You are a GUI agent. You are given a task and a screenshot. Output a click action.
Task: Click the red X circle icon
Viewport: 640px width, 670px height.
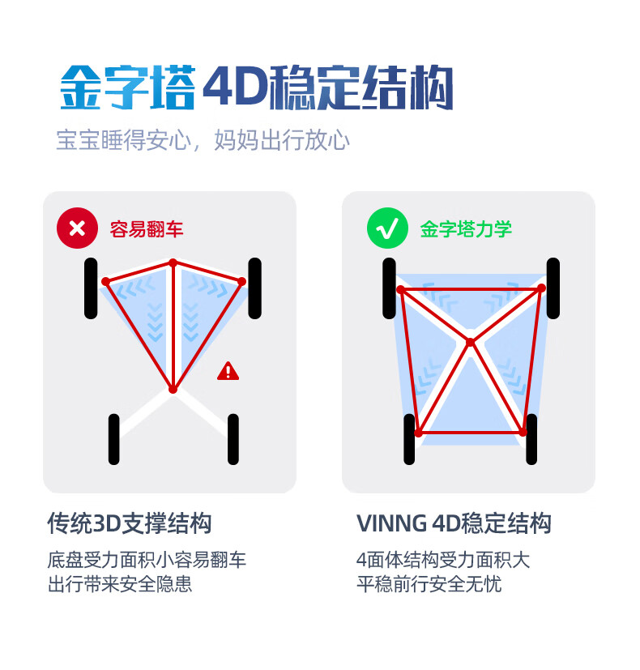pos(77,228)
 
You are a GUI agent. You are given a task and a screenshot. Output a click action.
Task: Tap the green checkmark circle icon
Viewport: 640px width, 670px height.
pos(387,228)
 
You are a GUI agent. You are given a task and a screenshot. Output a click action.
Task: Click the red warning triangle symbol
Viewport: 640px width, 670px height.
pos(228,371)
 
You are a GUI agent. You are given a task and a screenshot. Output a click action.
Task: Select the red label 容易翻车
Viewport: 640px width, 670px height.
pos(147,229)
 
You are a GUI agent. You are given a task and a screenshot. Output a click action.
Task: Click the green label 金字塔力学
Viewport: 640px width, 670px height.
pos(466,229)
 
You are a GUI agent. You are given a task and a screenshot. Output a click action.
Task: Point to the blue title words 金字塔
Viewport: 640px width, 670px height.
pos(128,87)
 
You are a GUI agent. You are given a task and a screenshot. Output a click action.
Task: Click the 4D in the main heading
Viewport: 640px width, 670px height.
pos(235,87)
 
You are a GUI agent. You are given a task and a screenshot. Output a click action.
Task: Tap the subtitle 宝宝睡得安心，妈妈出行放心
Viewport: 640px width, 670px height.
pos(203,140)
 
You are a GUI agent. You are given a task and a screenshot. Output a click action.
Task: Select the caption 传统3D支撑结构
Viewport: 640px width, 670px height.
pos(130,523)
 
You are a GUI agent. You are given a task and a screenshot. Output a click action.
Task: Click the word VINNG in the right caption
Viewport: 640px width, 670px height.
pos(391,523)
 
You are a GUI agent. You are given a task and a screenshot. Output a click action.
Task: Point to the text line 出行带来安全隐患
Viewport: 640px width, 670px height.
pos(120,583)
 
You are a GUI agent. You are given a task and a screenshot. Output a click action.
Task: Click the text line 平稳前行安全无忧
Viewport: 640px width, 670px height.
pos(429,583)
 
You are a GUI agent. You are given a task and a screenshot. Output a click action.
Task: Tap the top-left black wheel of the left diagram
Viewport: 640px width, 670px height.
pos(91,288)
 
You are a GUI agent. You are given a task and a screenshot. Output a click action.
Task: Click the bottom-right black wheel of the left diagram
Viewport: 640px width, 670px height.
pos(233,439)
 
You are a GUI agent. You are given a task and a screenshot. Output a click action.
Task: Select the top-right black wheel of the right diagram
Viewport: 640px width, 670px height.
pos(553,288)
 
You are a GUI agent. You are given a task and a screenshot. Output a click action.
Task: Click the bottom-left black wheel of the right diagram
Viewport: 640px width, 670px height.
pos(409,439)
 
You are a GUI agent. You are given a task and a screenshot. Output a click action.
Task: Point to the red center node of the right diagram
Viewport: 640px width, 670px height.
pos(470,342)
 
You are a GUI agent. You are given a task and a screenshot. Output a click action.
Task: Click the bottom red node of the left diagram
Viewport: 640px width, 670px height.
pos(173,389)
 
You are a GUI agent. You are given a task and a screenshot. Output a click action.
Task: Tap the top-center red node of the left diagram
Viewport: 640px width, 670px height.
pos(173,262)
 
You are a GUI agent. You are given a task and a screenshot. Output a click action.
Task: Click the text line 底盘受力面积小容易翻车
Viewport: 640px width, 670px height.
pos(147,560)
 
